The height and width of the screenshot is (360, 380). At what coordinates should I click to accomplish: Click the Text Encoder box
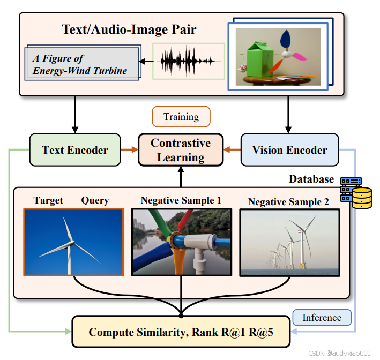click(x=75, y=150)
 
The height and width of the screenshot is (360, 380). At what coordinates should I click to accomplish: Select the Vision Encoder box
click(x=289, y=150)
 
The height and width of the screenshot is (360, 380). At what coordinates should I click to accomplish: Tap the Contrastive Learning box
click(x=181, y=150)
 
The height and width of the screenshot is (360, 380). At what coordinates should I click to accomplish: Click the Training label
click(x=181, y=117)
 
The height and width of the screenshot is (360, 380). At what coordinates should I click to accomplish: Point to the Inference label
click(x=322, y=318)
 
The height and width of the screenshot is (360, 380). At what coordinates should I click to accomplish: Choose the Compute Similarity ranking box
click(x=182, y=332)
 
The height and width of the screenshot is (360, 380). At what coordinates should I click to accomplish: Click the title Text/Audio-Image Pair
click(x=129, y=29)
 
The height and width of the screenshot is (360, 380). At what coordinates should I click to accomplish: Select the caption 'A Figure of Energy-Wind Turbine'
click(x=80, y=64)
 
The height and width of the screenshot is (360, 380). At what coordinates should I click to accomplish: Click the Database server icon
click(x=357, y=193)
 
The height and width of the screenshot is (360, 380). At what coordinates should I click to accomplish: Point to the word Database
click(x=311, y=179)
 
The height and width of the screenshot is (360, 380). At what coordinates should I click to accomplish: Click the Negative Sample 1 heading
click(x=181, y=200)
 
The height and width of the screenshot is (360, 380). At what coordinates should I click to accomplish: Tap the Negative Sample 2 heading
click(x=288, y=202)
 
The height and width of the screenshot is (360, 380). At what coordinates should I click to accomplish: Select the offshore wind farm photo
click(x=289, y=242)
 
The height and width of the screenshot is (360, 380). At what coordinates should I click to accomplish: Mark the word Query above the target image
click(x=95, y=200)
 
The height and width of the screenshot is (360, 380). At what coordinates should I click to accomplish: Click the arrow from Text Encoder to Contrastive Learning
click(x=128, y=150)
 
